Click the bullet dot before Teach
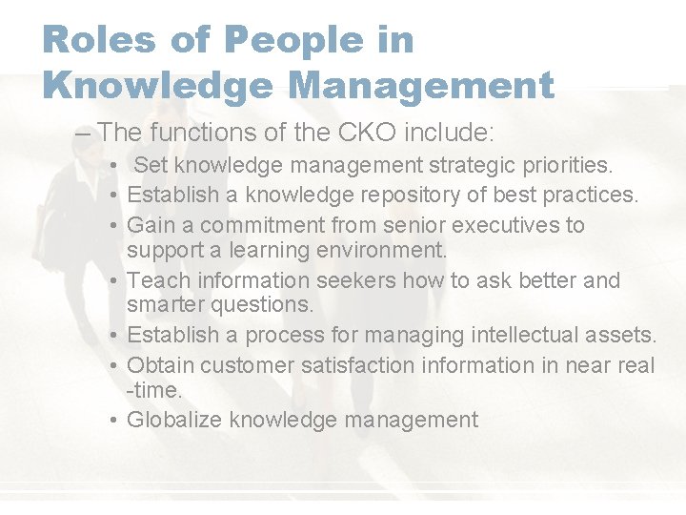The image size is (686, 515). point(112,281)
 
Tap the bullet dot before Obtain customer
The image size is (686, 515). point(112,366)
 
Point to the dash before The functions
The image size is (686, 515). point(83,131)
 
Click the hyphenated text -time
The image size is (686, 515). point(154,390)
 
